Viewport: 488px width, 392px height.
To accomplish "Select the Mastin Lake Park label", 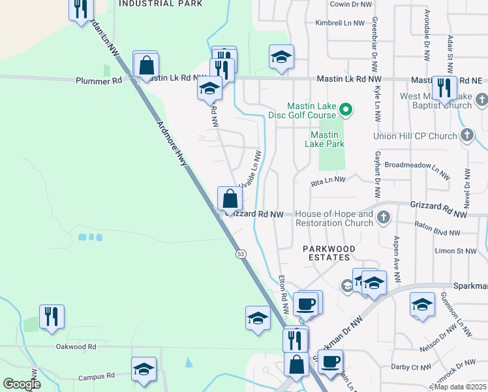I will coord(327,139).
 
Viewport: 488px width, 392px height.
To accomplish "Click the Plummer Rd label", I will coord(99,81).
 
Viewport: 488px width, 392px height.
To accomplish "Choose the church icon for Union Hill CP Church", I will coord(467,135).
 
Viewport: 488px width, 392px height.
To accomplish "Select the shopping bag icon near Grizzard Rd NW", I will coord(230,197).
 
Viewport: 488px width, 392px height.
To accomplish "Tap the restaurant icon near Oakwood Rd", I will coord(52,316).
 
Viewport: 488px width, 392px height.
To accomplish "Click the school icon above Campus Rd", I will coord(144,369).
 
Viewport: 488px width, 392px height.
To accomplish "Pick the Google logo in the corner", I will coord(22,384).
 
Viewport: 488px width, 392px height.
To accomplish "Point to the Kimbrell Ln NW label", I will coord(340,23).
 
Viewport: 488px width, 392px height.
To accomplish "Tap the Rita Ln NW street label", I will coord(328,184).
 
